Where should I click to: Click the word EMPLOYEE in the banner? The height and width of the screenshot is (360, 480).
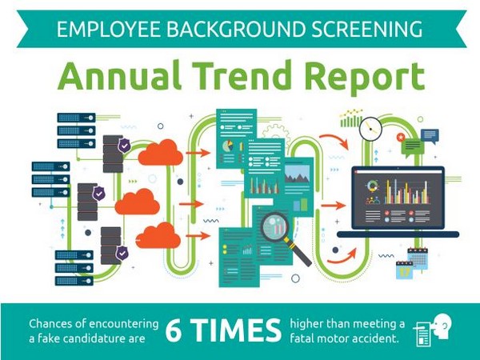click(x=108, y=29)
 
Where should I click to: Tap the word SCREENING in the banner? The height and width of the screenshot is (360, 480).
click(x=367, y=29)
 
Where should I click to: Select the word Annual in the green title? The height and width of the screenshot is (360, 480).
click(x=119, y=75)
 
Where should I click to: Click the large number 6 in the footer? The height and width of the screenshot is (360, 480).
click(x=174, y=330)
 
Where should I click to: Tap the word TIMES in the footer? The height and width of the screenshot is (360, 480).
click(x=237, y=330)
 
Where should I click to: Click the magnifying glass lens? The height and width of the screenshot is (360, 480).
click(x=274, y=227)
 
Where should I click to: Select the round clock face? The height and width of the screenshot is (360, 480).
click(x=370, y=129)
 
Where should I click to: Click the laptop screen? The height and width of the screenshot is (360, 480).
click(x=398, y=198)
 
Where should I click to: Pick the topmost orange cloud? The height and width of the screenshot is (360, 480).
click(x=161, y=153)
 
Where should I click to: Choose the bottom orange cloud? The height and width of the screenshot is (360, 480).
click(x=158, y=235)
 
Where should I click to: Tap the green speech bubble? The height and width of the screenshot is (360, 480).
click(x=412, y=148)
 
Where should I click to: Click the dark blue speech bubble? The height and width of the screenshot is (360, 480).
click(x=430, y=136)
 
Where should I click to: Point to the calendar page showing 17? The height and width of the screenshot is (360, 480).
click(x=404, y=270)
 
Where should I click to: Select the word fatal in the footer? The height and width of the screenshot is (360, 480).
click(x=302, y=338)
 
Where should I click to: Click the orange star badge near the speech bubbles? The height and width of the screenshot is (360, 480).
click(x=401, y=137)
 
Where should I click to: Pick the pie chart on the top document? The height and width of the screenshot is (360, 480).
click(x=227, y=146)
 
